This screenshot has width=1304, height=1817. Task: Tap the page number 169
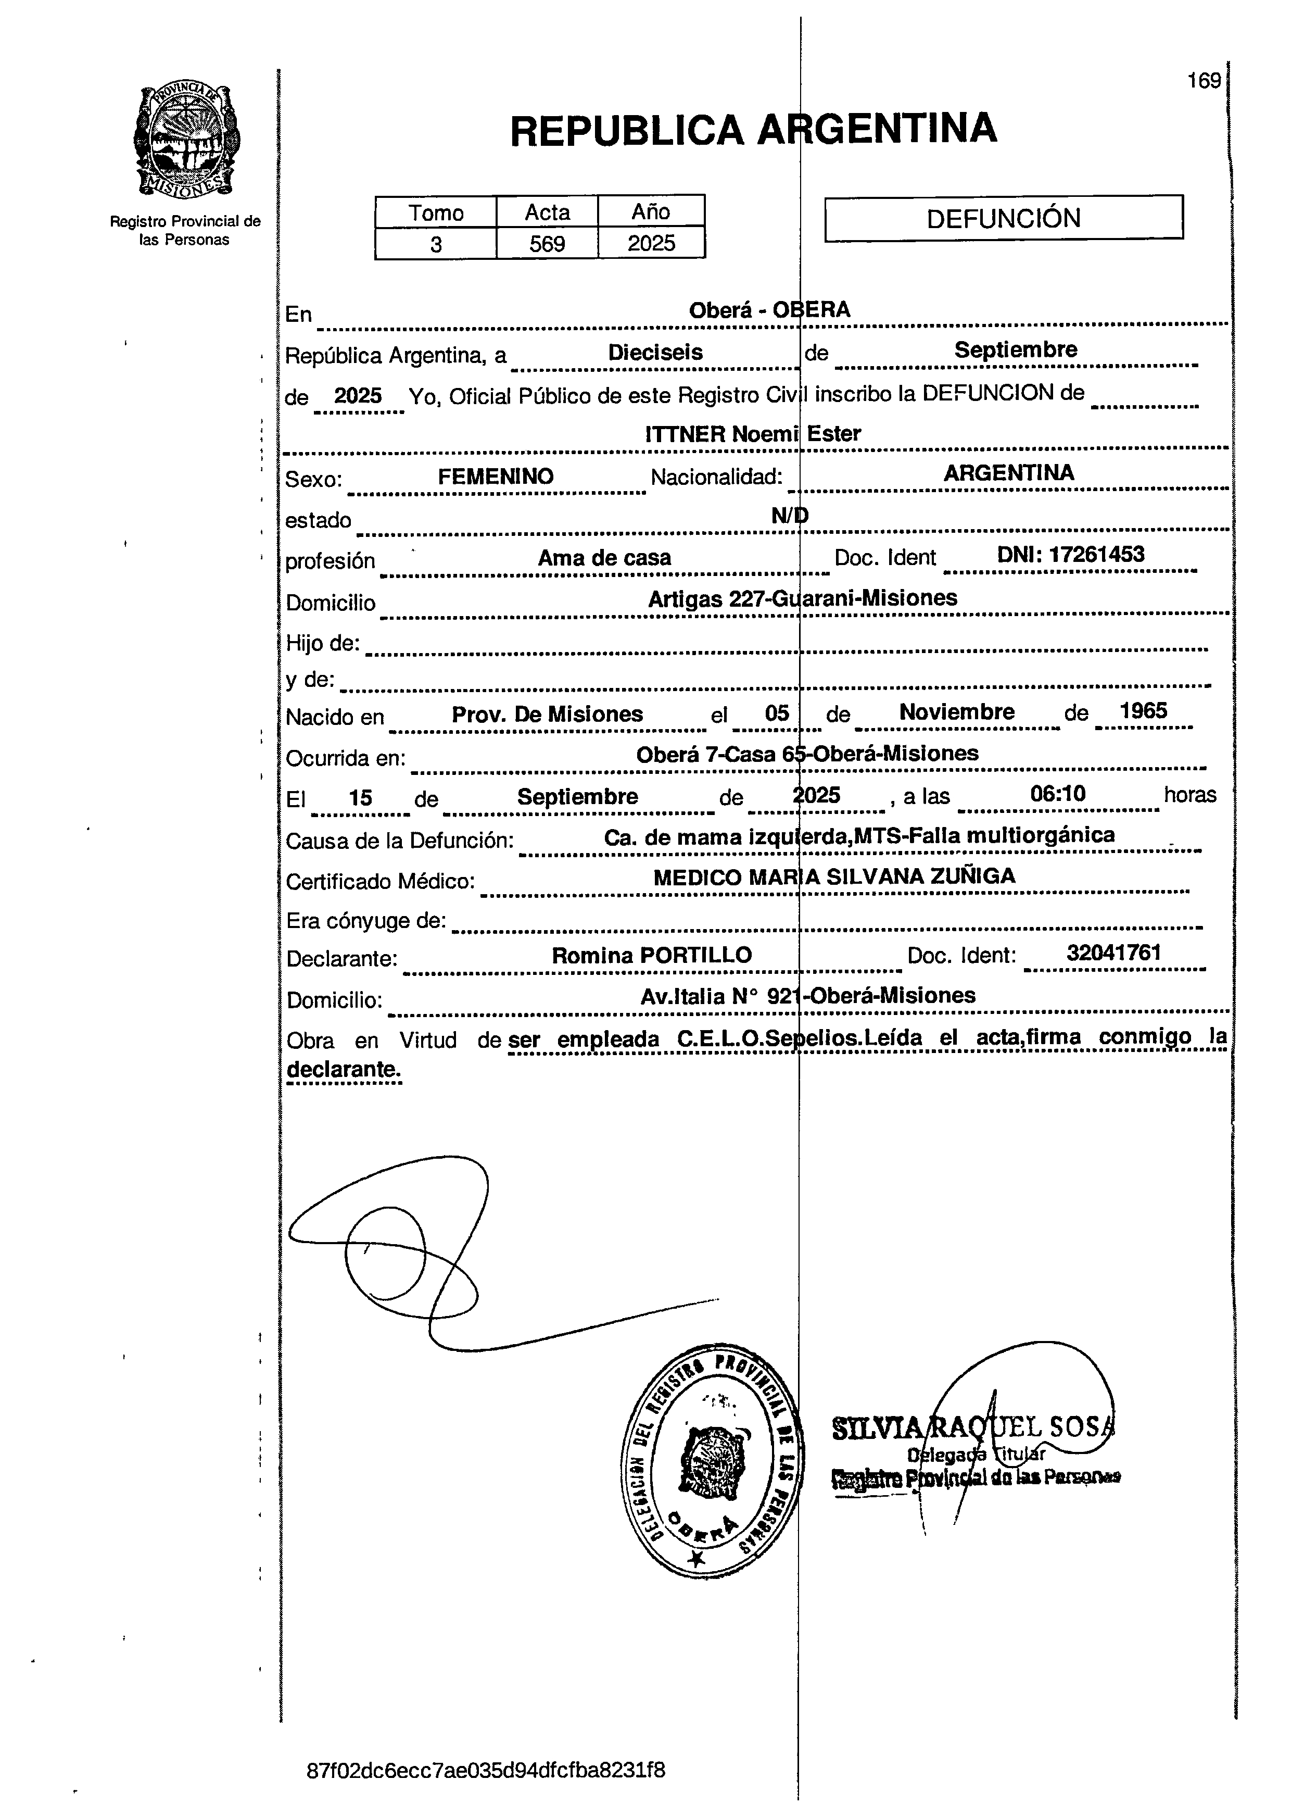(x=1204, y=81)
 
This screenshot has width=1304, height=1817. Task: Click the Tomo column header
(x=436, y=212)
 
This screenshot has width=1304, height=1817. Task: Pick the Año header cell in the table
(x=650, y=211)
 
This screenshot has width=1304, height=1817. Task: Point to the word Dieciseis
(x=655, y=353)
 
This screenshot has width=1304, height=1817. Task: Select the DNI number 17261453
(x=1070, y=555)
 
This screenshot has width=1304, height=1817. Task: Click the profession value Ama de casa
(x=604, y=558)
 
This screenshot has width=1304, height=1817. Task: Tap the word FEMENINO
(x=495, y=477)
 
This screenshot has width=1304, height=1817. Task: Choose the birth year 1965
(x=1143, y=711)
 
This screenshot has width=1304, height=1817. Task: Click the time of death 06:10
(x=1057, y=794)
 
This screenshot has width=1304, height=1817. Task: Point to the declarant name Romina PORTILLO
(x=651, y=955)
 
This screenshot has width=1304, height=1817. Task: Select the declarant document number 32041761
(x=1113, y=952)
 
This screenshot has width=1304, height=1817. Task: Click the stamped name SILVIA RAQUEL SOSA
(x=973, y=1427)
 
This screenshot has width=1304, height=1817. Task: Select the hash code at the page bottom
(x=485, y=1770)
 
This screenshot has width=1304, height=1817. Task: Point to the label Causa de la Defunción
(x=399, y=841)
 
